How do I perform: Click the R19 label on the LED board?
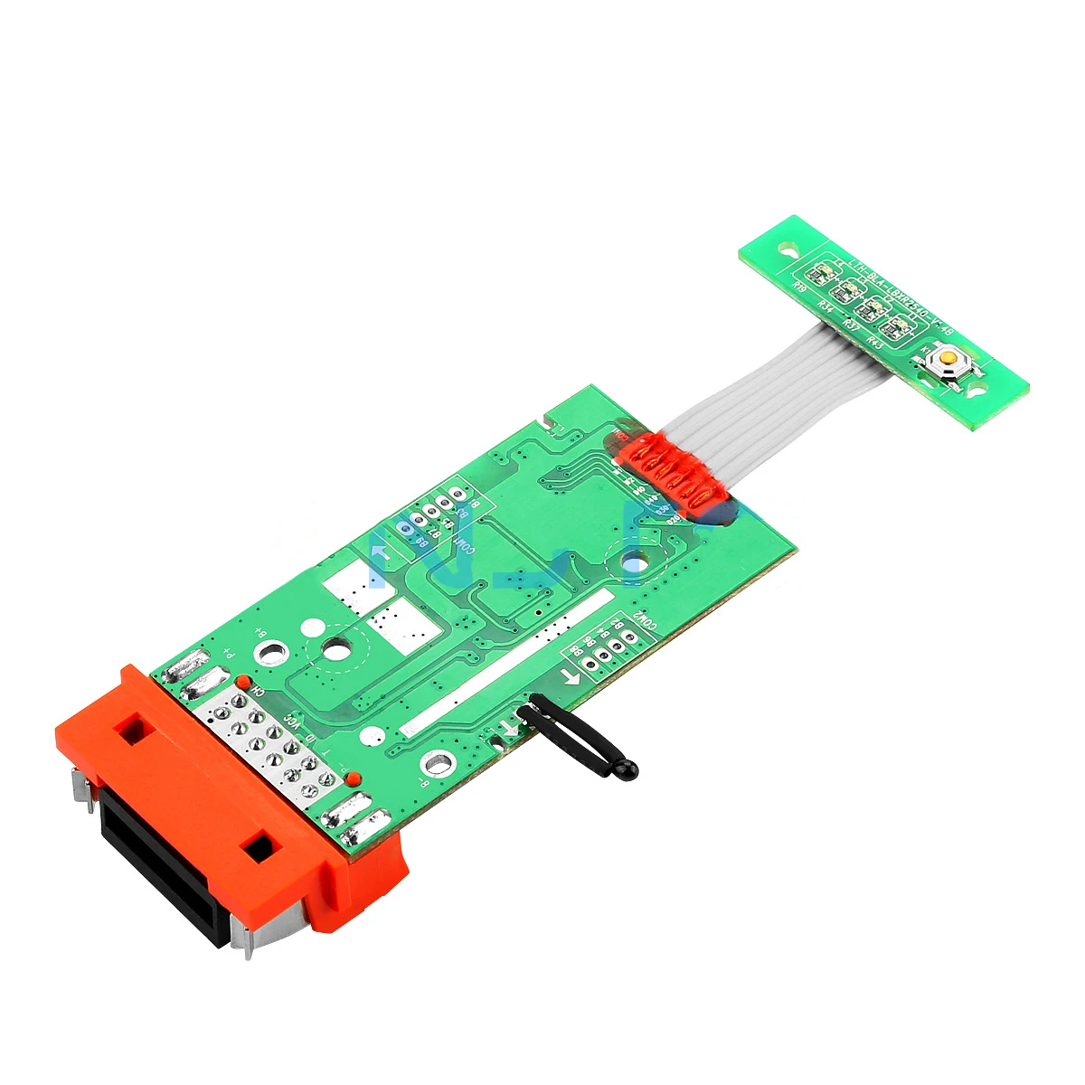tap(798, 286)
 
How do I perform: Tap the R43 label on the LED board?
tap(873, 340)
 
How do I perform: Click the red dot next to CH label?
tap(242, 679)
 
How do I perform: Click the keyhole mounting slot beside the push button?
tap(976, 392)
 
